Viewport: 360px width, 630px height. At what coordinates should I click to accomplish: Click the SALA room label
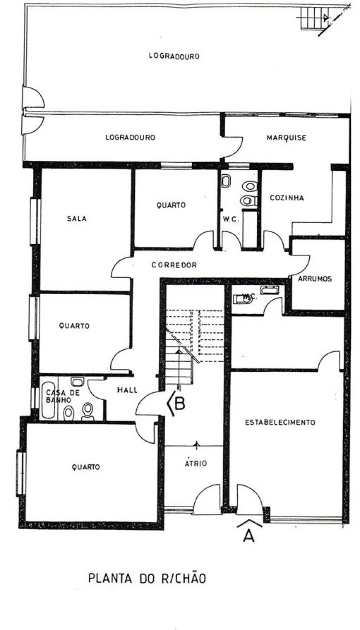pos(76,219)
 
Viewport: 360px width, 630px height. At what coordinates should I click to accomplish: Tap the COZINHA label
pos(287,198)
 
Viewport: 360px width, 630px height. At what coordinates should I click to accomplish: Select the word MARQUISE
pos(286,138)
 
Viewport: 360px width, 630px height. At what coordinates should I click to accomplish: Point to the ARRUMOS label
pos(315,279)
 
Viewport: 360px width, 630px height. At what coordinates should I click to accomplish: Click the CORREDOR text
pos(174,265)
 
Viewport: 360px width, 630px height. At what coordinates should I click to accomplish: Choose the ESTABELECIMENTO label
pos(280,423)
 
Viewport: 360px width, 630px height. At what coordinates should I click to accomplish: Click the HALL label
pos(127,390)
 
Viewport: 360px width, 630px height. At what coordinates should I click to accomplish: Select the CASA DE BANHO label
pos(63,396)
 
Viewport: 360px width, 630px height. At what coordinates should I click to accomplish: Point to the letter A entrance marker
pos(249,535)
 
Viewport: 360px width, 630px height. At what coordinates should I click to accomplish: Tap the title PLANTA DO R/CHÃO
pos(147,578)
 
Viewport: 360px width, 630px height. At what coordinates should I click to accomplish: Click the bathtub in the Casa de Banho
pos(48,400)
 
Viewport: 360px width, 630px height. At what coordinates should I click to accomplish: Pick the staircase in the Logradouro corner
pos(312,18)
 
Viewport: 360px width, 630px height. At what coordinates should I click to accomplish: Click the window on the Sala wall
pos(35,221)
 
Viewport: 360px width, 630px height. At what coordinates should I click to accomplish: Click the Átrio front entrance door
pos(207,500)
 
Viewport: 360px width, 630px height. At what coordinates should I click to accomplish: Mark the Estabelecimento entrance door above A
pos(249,500)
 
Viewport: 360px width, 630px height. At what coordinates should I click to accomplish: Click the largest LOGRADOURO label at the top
pos(174,56)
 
